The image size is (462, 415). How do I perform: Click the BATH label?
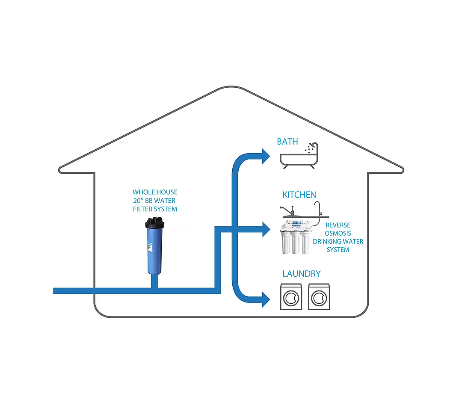point(287,142)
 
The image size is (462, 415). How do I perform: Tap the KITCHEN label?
point(299,195)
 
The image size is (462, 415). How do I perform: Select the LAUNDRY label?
point(301,274)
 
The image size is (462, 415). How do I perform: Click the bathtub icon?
point(299,159)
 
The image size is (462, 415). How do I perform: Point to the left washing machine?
point(292,296)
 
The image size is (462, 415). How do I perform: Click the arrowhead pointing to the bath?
point(265,156)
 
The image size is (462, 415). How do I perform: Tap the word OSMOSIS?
point(338,233)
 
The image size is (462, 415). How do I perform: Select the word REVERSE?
point(338,225)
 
